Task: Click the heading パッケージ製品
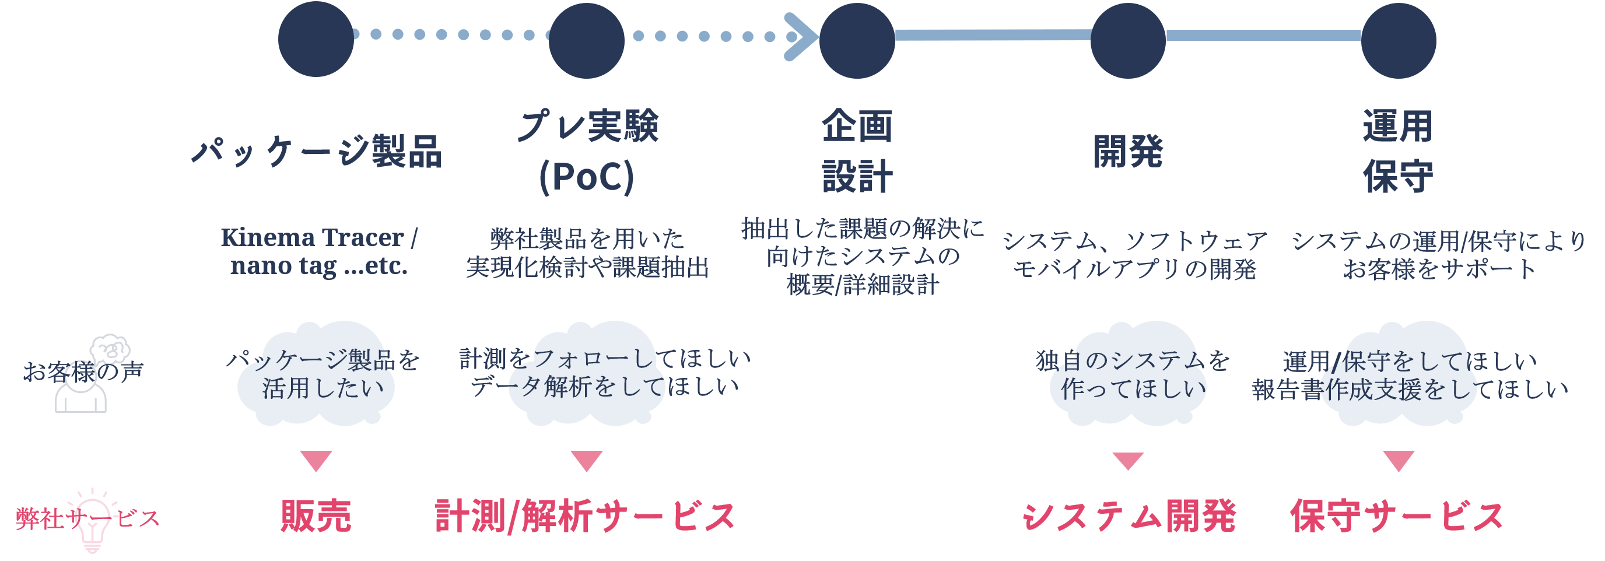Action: [x=317, y=152]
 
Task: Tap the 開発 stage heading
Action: [x=1128, y=152]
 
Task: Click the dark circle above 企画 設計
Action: [x=857, y=40]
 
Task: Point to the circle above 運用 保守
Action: [x=1398, y=40]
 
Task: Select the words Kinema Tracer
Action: [x=311, y=237]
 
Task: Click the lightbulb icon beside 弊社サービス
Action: [x=92, y=524]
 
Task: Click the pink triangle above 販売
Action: [x=316, y=461]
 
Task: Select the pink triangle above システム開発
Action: [x=1129, y=461]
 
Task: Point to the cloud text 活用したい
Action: [x=323, y=388]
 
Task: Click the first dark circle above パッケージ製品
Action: [x=316, y=39]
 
